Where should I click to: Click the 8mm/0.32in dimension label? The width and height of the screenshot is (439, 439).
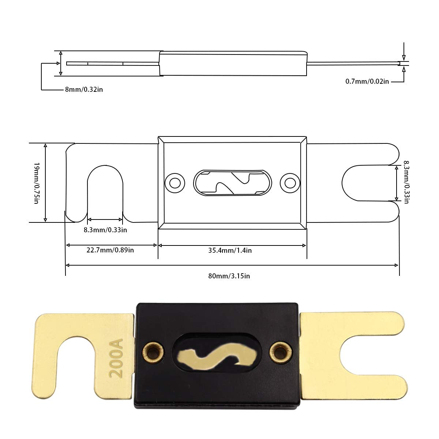[84, 90]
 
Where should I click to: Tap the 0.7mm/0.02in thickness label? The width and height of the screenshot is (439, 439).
[367, 81]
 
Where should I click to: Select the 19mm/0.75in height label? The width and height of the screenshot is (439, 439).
[37, 183]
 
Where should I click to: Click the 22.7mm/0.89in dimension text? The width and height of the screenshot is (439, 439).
[110, 250]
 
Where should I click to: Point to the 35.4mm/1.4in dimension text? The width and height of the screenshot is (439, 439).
[230, 250]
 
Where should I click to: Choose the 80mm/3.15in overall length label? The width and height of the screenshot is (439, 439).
[229, 276]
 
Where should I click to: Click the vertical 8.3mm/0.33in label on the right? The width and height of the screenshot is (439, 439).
[406, 182]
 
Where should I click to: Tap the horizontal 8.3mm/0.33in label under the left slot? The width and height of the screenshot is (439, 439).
[105, 230]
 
